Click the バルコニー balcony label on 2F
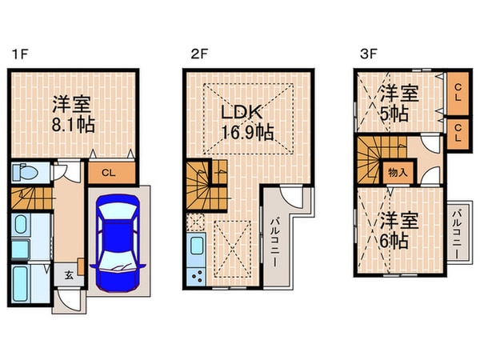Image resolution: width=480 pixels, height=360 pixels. tap(274, 237)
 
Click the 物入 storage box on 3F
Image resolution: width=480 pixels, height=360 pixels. tap(398, 171)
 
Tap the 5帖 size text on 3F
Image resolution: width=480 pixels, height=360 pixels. tap(394, 113)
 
